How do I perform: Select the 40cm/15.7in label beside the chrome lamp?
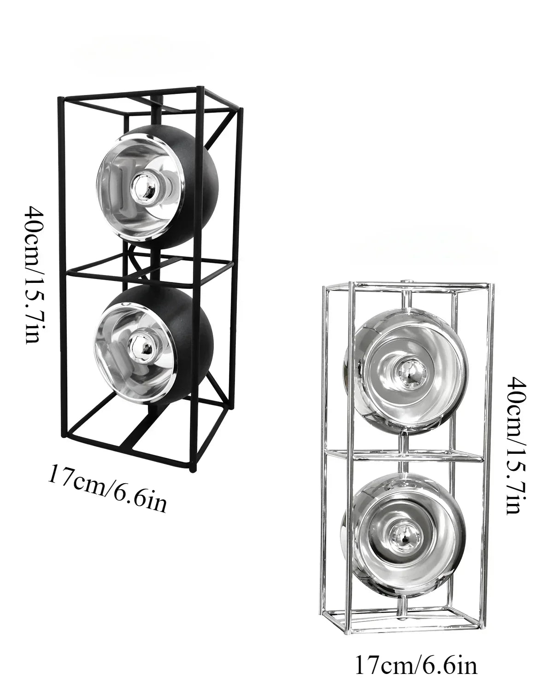click(515, 446)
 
